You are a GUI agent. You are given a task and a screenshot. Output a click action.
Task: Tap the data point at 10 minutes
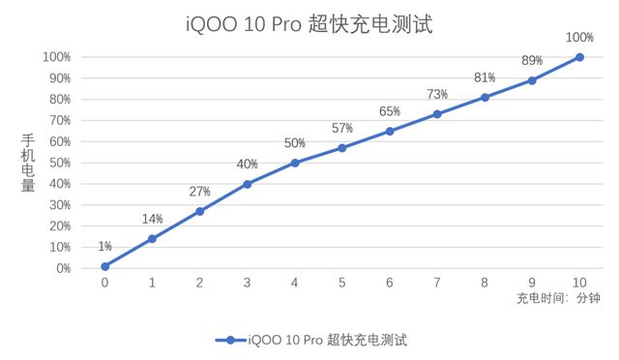point(579,57)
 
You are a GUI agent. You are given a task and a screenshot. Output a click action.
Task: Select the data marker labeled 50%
point(295,163)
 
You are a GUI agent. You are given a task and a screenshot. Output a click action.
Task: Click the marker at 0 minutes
point(104,266)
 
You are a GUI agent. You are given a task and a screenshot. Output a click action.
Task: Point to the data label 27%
point(199,192)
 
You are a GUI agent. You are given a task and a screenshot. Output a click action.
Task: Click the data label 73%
point(437,94)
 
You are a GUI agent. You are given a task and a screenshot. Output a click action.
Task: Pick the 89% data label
point(532,60)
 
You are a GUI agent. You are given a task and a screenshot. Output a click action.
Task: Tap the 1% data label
point(104,247)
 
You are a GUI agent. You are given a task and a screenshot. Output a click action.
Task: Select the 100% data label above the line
point(579,38)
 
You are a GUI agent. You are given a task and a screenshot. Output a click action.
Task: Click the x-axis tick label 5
point(342,283)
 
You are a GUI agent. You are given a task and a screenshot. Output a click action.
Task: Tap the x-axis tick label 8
point(485,283)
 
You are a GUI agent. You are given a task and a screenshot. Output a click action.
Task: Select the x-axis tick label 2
point(199,283)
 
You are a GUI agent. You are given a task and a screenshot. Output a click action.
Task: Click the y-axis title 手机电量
point(28,163)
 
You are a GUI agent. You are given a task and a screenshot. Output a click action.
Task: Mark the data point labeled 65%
point(390,131)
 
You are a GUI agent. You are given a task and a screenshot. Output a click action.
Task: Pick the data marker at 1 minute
point(152,238)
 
